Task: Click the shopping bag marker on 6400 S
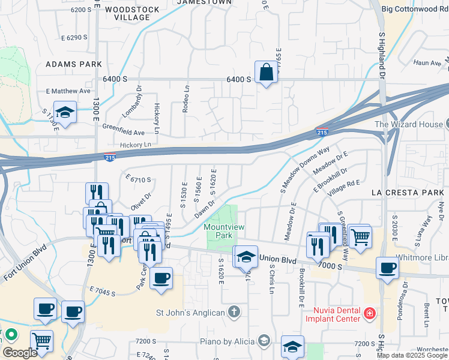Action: point(265,73)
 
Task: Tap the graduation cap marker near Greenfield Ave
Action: point(65,113)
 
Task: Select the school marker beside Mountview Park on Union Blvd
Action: point(245,257)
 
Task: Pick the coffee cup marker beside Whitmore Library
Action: point(388,268)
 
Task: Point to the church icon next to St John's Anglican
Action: point(234,312)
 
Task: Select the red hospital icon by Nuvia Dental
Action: point(370,313)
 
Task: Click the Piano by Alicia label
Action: point(228,341)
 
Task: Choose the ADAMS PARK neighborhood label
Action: point(73,64)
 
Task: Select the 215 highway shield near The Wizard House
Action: point(322,131)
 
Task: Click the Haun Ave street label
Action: point(427,62)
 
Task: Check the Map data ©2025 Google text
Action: point(412,355)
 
